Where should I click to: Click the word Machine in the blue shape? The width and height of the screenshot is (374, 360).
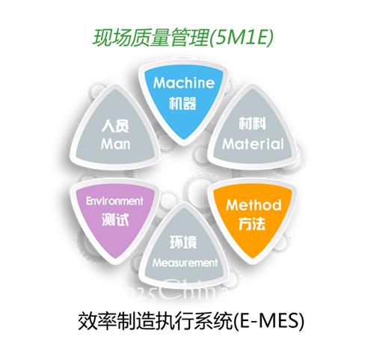point(184,82)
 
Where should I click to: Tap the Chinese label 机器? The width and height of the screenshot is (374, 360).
point(183,103)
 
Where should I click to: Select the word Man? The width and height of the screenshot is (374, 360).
point(115,144)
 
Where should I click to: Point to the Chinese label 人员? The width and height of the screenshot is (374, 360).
point(115,126)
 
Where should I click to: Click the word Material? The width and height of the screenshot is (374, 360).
point(253,144)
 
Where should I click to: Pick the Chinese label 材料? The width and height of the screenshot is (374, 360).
point(252,123)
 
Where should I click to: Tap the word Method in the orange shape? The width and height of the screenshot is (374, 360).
point(254,205)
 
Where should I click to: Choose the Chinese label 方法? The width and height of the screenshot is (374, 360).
point(252,224)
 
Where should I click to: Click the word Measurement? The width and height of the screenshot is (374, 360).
point(185,263)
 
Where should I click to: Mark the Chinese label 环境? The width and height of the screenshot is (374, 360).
point(183,242)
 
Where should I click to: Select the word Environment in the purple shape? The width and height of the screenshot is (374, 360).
point(114,201)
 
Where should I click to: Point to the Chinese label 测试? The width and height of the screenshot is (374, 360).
point(115,220)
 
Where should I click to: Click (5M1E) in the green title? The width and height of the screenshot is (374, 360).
point(241,38)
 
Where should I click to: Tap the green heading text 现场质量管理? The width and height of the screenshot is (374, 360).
point(151,38)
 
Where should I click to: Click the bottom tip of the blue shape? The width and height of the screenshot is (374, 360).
point(184,140)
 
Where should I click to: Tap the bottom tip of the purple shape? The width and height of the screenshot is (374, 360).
point(115,258)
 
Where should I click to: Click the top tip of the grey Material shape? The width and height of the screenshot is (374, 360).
point(252,89)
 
